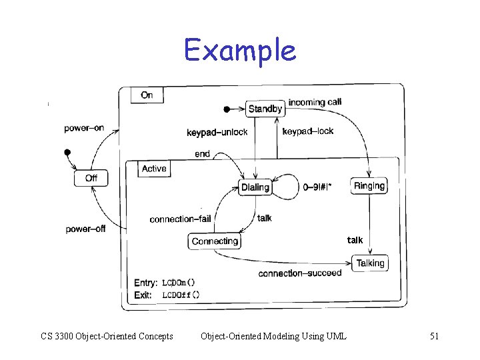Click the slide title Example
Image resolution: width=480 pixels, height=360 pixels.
tap(240, 50)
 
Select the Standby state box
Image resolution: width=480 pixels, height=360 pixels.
tap(265, 109)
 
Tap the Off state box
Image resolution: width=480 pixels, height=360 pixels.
tap(91, 178)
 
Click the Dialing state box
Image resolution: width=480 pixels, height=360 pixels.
tap(255, 187)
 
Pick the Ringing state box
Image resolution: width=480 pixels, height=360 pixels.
tap(369, 186)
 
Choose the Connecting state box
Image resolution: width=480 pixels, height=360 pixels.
tap(215, 241)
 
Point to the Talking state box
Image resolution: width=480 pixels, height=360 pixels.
tap(370, 263)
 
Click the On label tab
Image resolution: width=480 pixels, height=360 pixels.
tap(147, 95)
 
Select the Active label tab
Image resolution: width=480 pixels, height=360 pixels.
tap(154, 169)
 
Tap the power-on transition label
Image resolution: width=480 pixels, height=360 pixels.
tap(85, 128)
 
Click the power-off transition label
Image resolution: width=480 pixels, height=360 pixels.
tap(85, 229)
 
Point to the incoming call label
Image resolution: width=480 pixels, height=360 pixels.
tap(315, 102)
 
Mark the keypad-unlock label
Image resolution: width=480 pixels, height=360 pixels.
tap(217, 132)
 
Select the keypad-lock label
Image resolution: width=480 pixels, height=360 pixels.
tap(308, 131)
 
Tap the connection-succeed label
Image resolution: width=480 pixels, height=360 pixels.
tap(299, 273)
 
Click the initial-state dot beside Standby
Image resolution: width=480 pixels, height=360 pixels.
tap(227, 109)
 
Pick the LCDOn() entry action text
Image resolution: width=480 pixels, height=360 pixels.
tap(179, 283)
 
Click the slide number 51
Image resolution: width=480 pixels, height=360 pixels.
tap(434, 336)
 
